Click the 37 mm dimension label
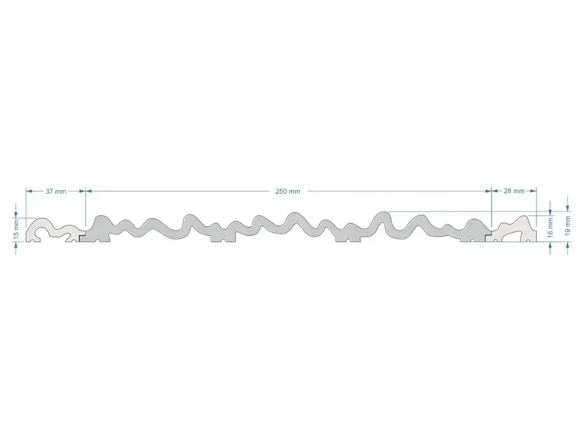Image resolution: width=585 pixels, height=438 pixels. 56,191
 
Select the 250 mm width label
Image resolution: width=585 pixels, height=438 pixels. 288,191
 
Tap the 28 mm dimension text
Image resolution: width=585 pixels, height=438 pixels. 514,190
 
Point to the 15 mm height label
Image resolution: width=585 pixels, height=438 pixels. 15,229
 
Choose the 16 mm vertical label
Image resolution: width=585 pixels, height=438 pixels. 550,228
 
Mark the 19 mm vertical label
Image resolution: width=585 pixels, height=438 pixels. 568,225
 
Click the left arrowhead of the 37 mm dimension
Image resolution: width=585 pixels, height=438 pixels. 29,191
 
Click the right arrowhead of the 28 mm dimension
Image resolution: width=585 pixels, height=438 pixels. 533,190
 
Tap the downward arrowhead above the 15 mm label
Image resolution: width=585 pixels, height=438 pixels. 15,214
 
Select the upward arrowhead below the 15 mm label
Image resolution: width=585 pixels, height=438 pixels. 15,245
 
